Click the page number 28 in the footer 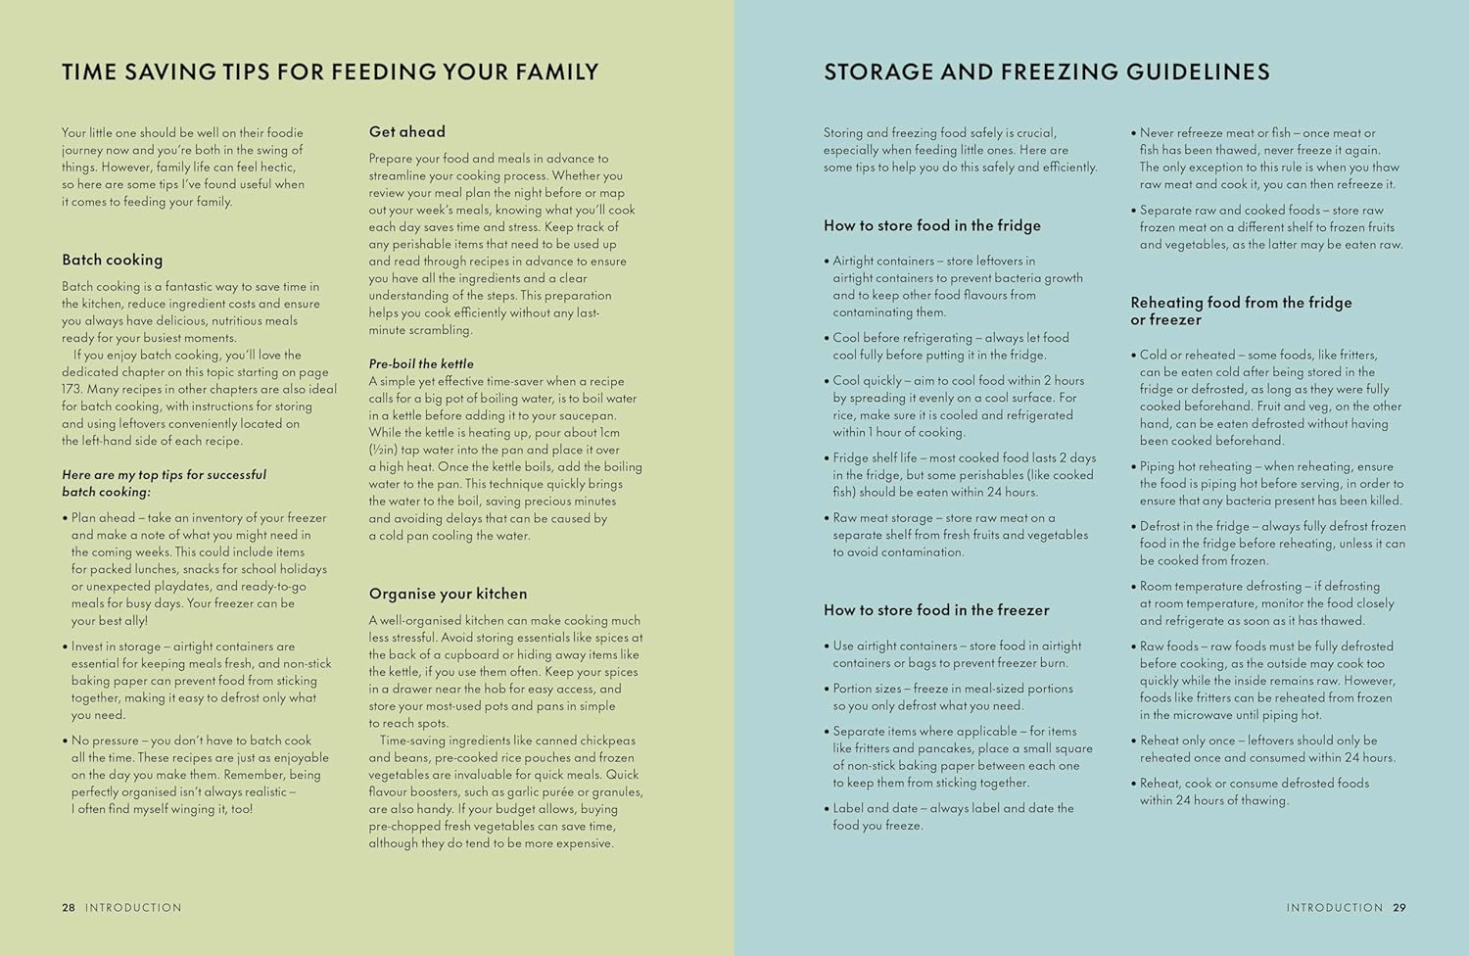69,907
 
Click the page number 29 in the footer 1399,907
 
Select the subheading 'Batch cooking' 112,260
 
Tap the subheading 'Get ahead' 406,131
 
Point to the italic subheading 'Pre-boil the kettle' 421,363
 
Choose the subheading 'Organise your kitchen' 448,594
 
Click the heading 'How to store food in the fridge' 931,225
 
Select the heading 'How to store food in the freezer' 935,610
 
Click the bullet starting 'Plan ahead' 196,568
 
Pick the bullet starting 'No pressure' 196,775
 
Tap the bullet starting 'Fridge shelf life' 963,475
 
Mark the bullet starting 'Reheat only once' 1266,748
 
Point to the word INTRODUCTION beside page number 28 133,907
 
